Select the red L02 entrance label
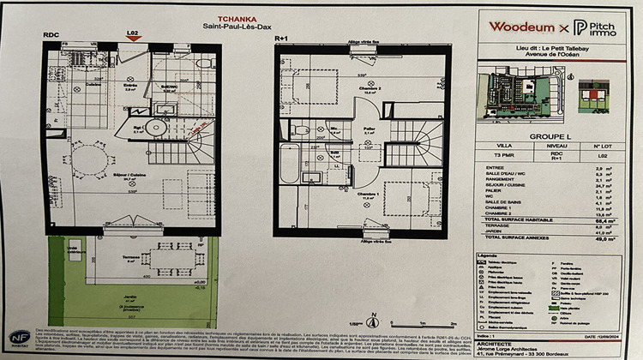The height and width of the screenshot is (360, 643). tap(132, 34)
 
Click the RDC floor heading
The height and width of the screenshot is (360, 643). tap(51, 35)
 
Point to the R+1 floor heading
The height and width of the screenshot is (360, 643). tap(281, 39)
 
